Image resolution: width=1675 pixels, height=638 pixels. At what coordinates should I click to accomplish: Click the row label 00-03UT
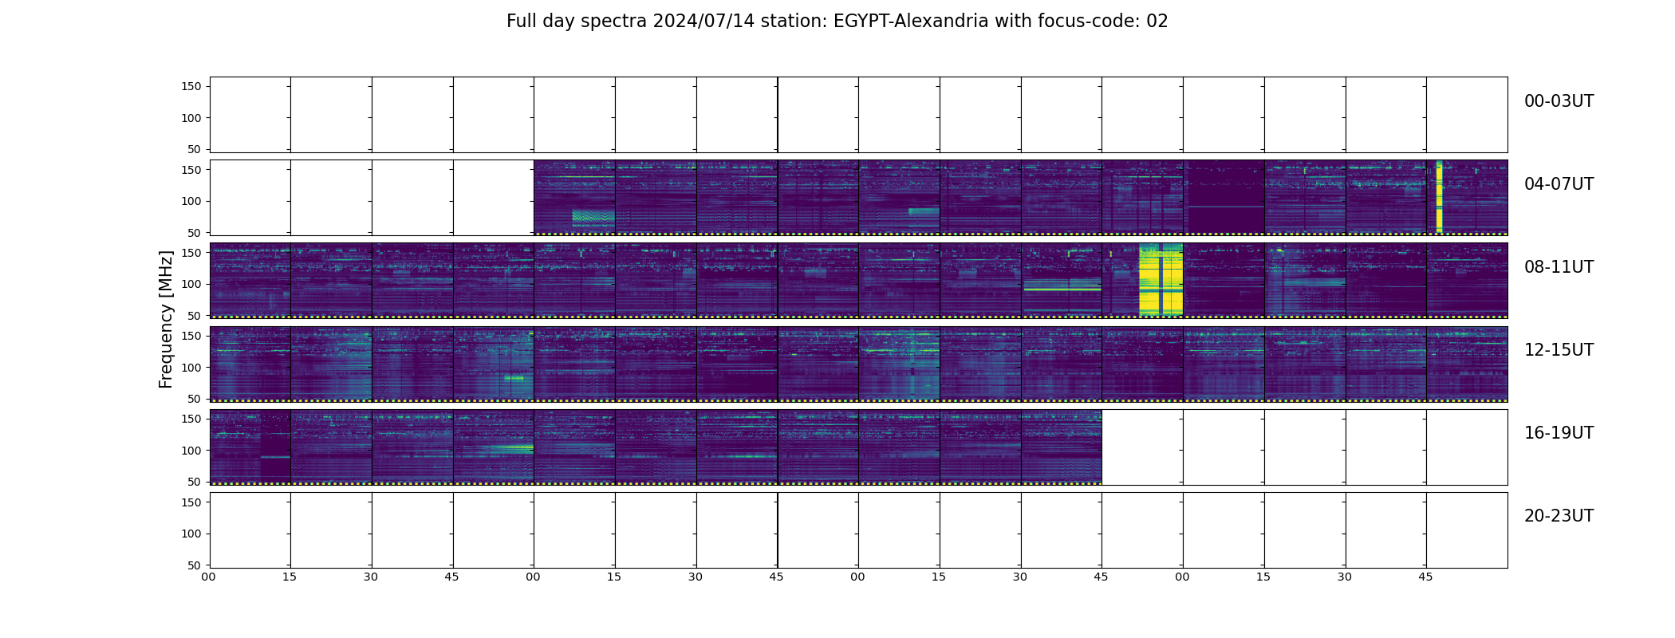[x=1559, y=101]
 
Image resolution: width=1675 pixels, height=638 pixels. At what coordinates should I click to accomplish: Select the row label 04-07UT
[x=1559, y=184]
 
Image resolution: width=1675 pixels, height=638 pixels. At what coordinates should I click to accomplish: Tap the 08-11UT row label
[x=1559, y=267]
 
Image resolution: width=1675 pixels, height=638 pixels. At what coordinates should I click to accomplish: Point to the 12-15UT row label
[x=1559, y=350]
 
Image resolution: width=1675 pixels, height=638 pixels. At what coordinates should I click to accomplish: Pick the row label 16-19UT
[x=1559, y=433]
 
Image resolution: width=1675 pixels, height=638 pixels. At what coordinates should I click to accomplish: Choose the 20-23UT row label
[x=1559, y=516]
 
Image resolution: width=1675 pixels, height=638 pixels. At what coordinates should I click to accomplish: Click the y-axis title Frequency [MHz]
[x=166, y=320]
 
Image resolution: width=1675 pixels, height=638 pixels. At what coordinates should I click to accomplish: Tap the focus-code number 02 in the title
[x=1157, y=22]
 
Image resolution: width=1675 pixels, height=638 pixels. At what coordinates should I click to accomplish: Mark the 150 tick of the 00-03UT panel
[x=191, y=86]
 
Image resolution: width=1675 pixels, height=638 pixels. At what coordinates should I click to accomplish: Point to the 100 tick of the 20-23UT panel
[x=191, y=534]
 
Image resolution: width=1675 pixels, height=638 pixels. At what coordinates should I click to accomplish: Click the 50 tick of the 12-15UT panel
[x=194, y=399]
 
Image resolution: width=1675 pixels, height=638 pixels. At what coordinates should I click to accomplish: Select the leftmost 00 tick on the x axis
[x=208, y=577]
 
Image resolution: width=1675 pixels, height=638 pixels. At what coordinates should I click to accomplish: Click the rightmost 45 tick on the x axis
[x=1425, y=577]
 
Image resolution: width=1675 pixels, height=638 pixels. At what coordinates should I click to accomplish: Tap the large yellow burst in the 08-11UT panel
[x=1161, y=280]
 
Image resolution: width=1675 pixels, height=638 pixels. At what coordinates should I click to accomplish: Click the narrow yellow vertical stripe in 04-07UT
[x=1439, y=196]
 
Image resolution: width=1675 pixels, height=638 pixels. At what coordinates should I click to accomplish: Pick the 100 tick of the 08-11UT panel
[x=191, y=285]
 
